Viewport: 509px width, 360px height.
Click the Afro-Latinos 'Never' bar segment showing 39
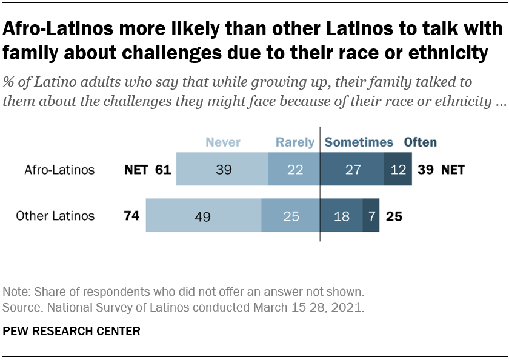click(222, 170)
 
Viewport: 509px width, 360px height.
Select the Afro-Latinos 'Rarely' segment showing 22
click(294, 170)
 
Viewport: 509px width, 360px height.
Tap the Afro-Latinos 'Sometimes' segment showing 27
click(351, 170)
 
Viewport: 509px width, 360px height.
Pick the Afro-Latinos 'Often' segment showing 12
click(398, 170)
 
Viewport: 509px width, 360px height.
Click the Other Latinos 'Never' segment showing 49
click(203, 216)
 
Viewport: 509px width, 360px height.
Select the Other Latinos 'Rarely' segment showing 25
click(291, 216)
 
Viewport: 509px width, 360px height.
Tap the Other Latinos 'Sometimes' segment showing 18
click(341, 216)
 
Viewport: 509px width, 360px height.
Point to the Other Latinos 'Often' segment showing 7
click(371, 216)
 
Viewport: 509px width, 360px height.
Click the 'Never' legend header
click(223, 142)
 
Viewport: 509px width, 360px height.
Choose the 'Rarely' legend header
click(295, 142)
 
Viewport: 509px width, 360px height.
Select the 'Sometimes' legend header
click(359, 142)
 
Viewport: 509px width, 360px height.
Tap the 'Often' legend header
click(421, 142)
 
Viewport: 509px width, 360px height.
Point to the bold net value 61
click(162, 170)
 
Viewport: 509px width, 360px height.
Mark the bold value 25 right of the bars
click(394, 216)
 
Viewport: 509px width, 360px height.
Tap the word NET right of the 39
click(453, 170)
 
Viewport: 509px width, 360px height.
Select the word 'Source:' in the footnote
click(20, 307)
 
